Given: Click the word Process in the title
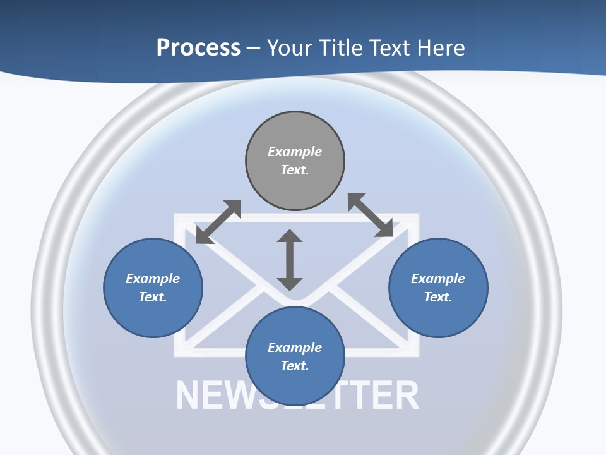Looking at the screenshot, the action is click(x=198, y=48).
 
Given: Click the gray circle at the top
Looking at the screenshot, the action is click(x=295, y=161).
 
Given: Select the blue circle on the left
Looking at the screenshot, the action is click(x=153, y=288).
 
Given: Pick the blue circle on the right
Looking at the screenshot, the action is click(x=438, y=288).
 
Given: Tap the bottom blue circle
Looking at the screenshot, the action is click(x=295, y=356).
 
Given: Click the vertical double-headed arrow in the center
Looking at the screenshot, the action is click(x=290, y=260).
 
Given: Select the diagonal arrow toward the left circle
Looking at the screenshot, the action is click(x=219, y=222).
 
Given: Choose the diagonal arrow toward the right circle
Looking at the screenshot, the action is click(x=371, y=215).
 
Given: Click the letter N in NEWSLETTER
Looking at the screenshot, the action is click(x=189, y=395).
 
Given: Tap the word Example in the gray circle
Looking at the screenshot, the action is click(x=295, y=151).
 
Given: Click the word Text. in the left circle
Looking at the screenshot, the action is click(x=153, y=297).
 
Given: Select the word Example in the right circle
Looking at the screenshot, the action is click(x=438, y=279).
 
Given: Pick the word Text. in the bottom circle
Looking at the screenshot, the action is click(x=295, y=366).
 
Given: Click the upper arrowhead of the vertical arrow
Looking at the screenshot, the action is click(x=290, y=236).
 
